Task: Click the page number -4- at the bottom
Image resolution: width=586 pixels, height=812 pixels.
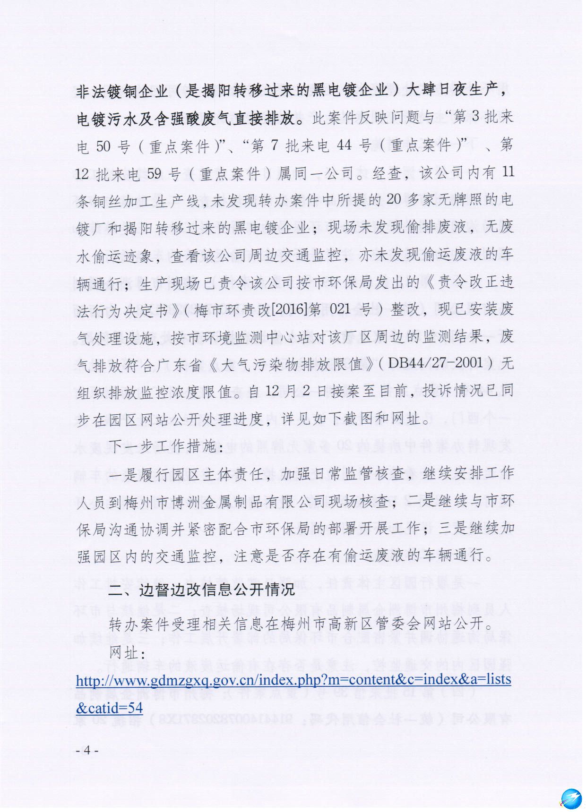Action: [87, 750]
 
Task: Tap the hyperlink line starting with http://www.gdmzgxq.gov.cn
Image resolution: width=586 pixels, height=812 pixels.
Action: [293, 680]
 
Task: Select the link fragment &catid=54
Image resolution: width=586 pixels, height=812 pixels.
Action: [109, 707]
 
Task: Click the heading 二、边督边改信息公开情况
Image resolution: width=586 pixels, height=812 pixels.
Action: [202, 590]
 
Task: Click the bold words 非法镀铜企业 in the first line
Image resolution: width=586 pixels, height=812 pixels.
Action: [122, 91]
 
